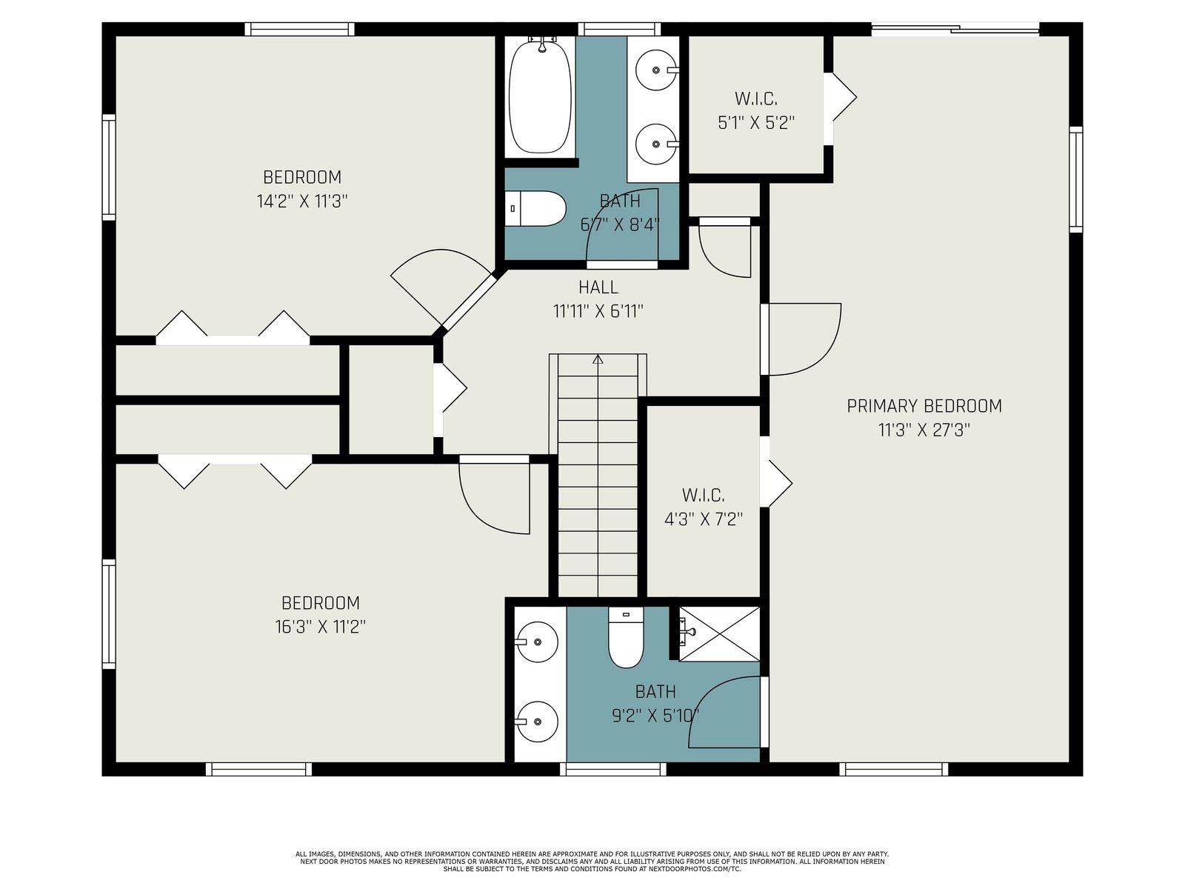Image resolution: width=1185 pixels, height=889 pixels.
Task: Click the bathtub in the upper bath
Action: [540, 97]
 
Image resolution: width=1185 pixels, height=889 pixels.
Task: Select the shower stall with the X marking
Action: [719, 633]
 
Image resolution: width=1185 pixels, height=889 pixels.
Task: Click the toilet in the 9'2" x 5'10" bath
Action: [626, 637]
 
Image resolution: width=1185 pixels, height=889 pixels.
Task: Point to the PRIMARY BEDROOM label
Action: [924, 406]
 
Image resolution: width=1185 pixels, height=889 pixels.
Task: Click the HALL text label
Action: [598, 287]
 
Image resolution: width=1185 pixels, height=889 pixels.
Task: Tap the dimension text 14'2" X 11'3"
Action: [301, 202]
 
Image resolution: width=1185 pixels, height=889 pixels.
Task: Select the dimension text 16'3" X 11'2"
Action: [321, 627]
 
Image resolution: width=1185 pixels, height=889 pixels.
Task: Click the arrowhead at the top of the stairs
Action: [598, 359]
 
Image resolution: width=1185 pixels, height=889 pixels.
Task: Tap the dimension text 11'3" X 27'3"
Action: [924, 430]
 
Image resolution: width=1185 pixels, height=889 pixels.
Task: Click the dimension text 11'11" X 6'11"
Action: [598, 311]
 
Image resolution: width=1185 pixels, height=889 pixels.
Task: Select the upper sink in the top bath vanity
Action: [656, 70]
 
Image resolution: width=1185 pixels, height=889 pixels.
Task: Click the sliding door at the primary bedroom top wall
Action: [955, 29]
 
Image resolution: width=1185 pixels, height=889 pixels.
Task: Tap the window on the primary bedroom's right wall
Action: [1076, 180]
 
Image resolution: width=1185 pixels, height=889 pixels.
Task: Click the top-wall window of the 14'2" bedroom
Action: [300, 29]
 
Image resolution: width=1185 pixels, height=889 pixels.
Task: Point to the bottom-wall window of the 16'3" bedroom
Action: [258, 769]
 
